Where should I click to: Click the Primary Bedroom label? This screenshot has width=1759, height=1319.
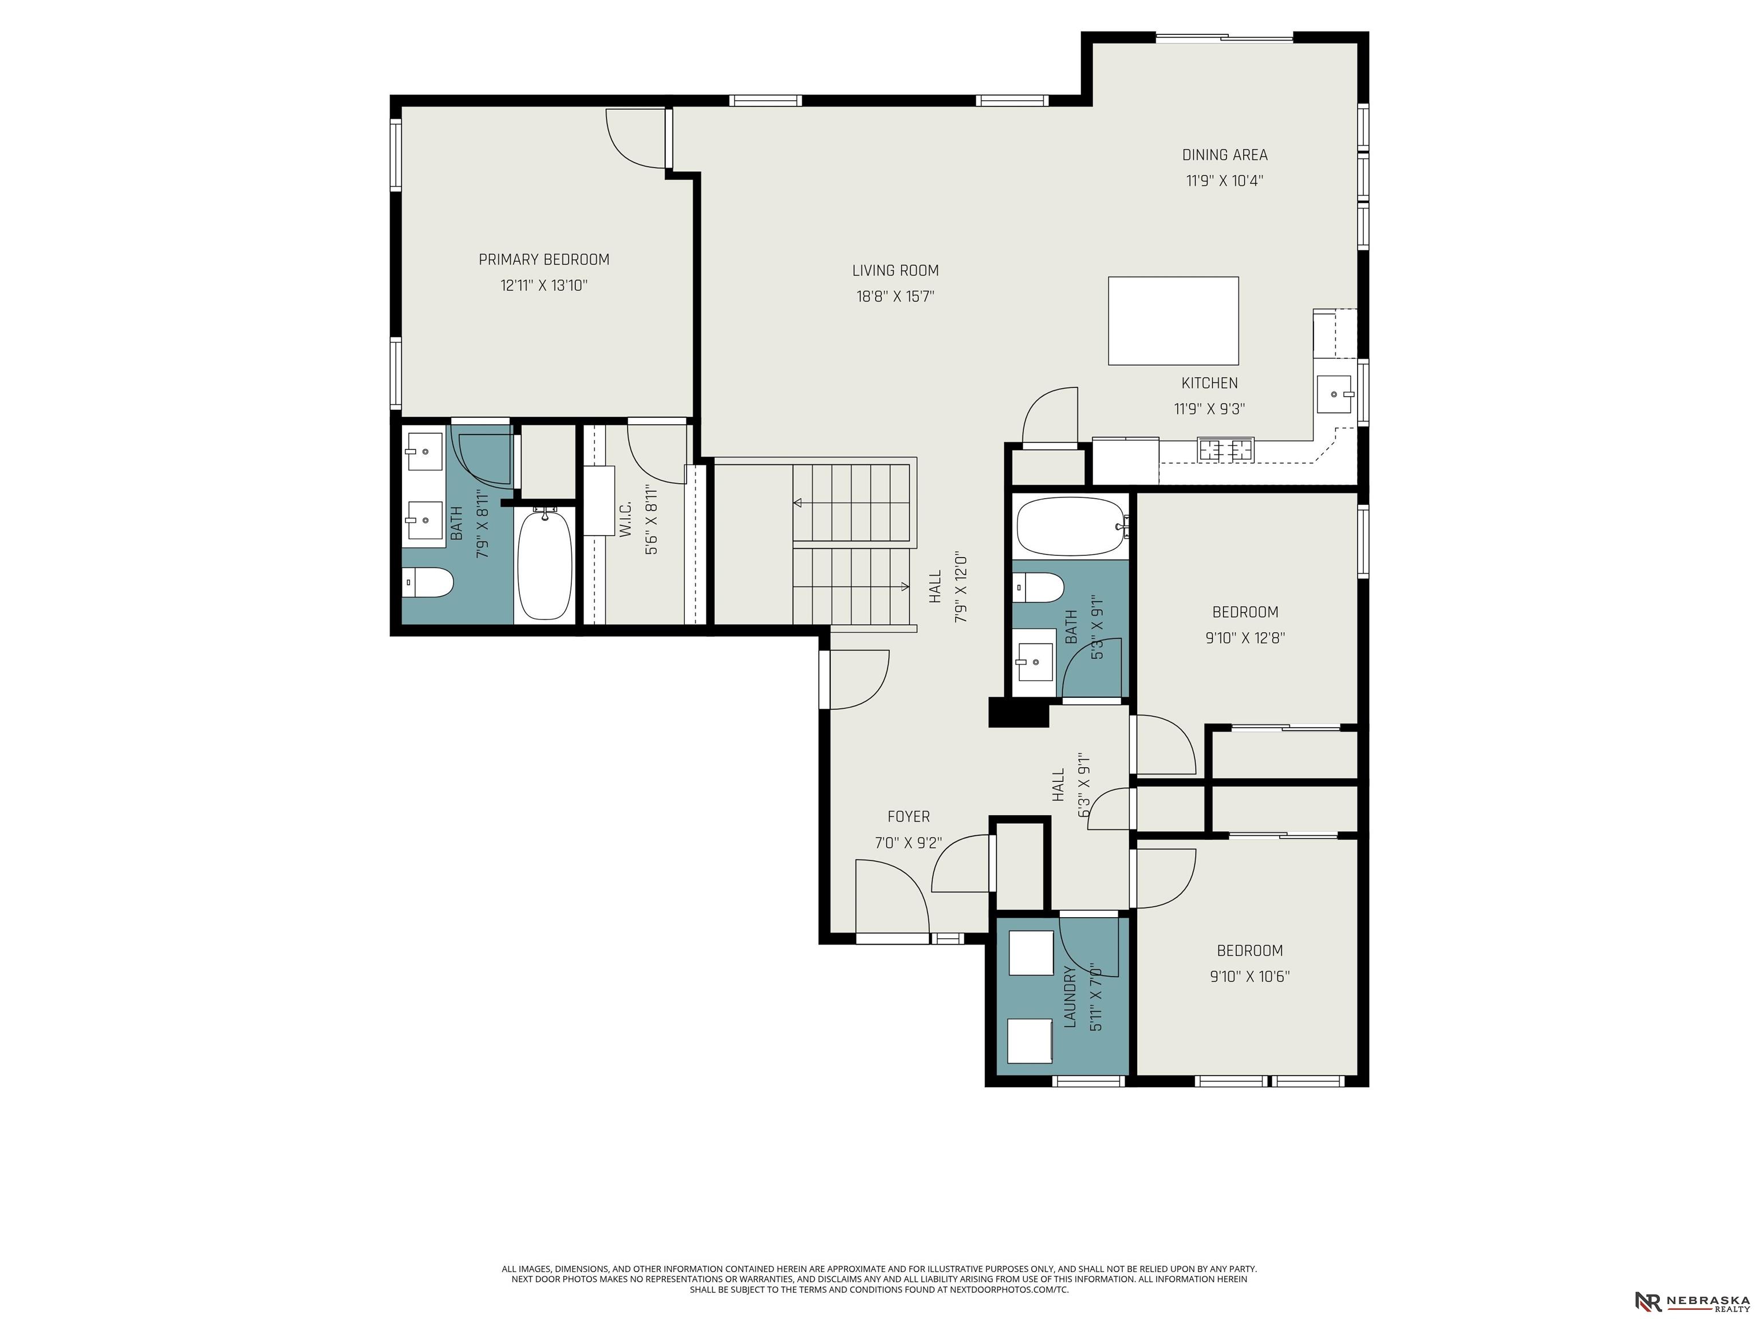click(544, 259)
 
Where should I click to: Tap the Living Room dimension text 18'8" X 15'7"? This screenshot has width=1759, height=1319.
click(896, 297)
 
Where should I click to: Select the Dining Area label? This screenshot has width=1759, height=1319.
click(1225, 155)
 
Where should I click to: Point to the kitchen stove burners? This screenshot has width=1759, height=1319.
click(1225, 450)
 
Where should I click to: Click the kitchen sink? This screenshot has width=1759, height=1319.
click(1334, 393)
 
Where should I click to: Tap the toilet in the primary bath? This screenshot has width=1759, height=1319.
click(427, 583)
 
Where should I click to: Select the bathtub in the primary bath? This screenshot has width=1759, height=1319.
click(545, 565)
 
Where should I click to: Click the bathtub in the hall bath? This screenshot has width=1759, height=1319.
click(1071, 526)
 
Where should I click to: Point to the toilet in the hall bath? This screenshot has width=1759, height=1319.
click(1039, 587)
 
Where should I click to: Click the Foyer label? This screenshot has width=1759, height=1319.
click(909, 816)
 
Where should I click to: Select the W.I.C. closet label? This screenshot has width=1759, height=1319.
click(625, 518)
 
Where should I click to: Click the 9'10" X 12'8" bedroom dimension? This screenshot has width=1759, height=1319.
click(1245, 638)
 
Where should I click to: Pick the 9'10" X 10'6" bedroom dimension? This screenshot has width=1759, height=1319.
click(1249, 976)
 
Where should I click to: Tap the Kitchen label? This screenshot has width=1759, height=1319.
click(1209, 383)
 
